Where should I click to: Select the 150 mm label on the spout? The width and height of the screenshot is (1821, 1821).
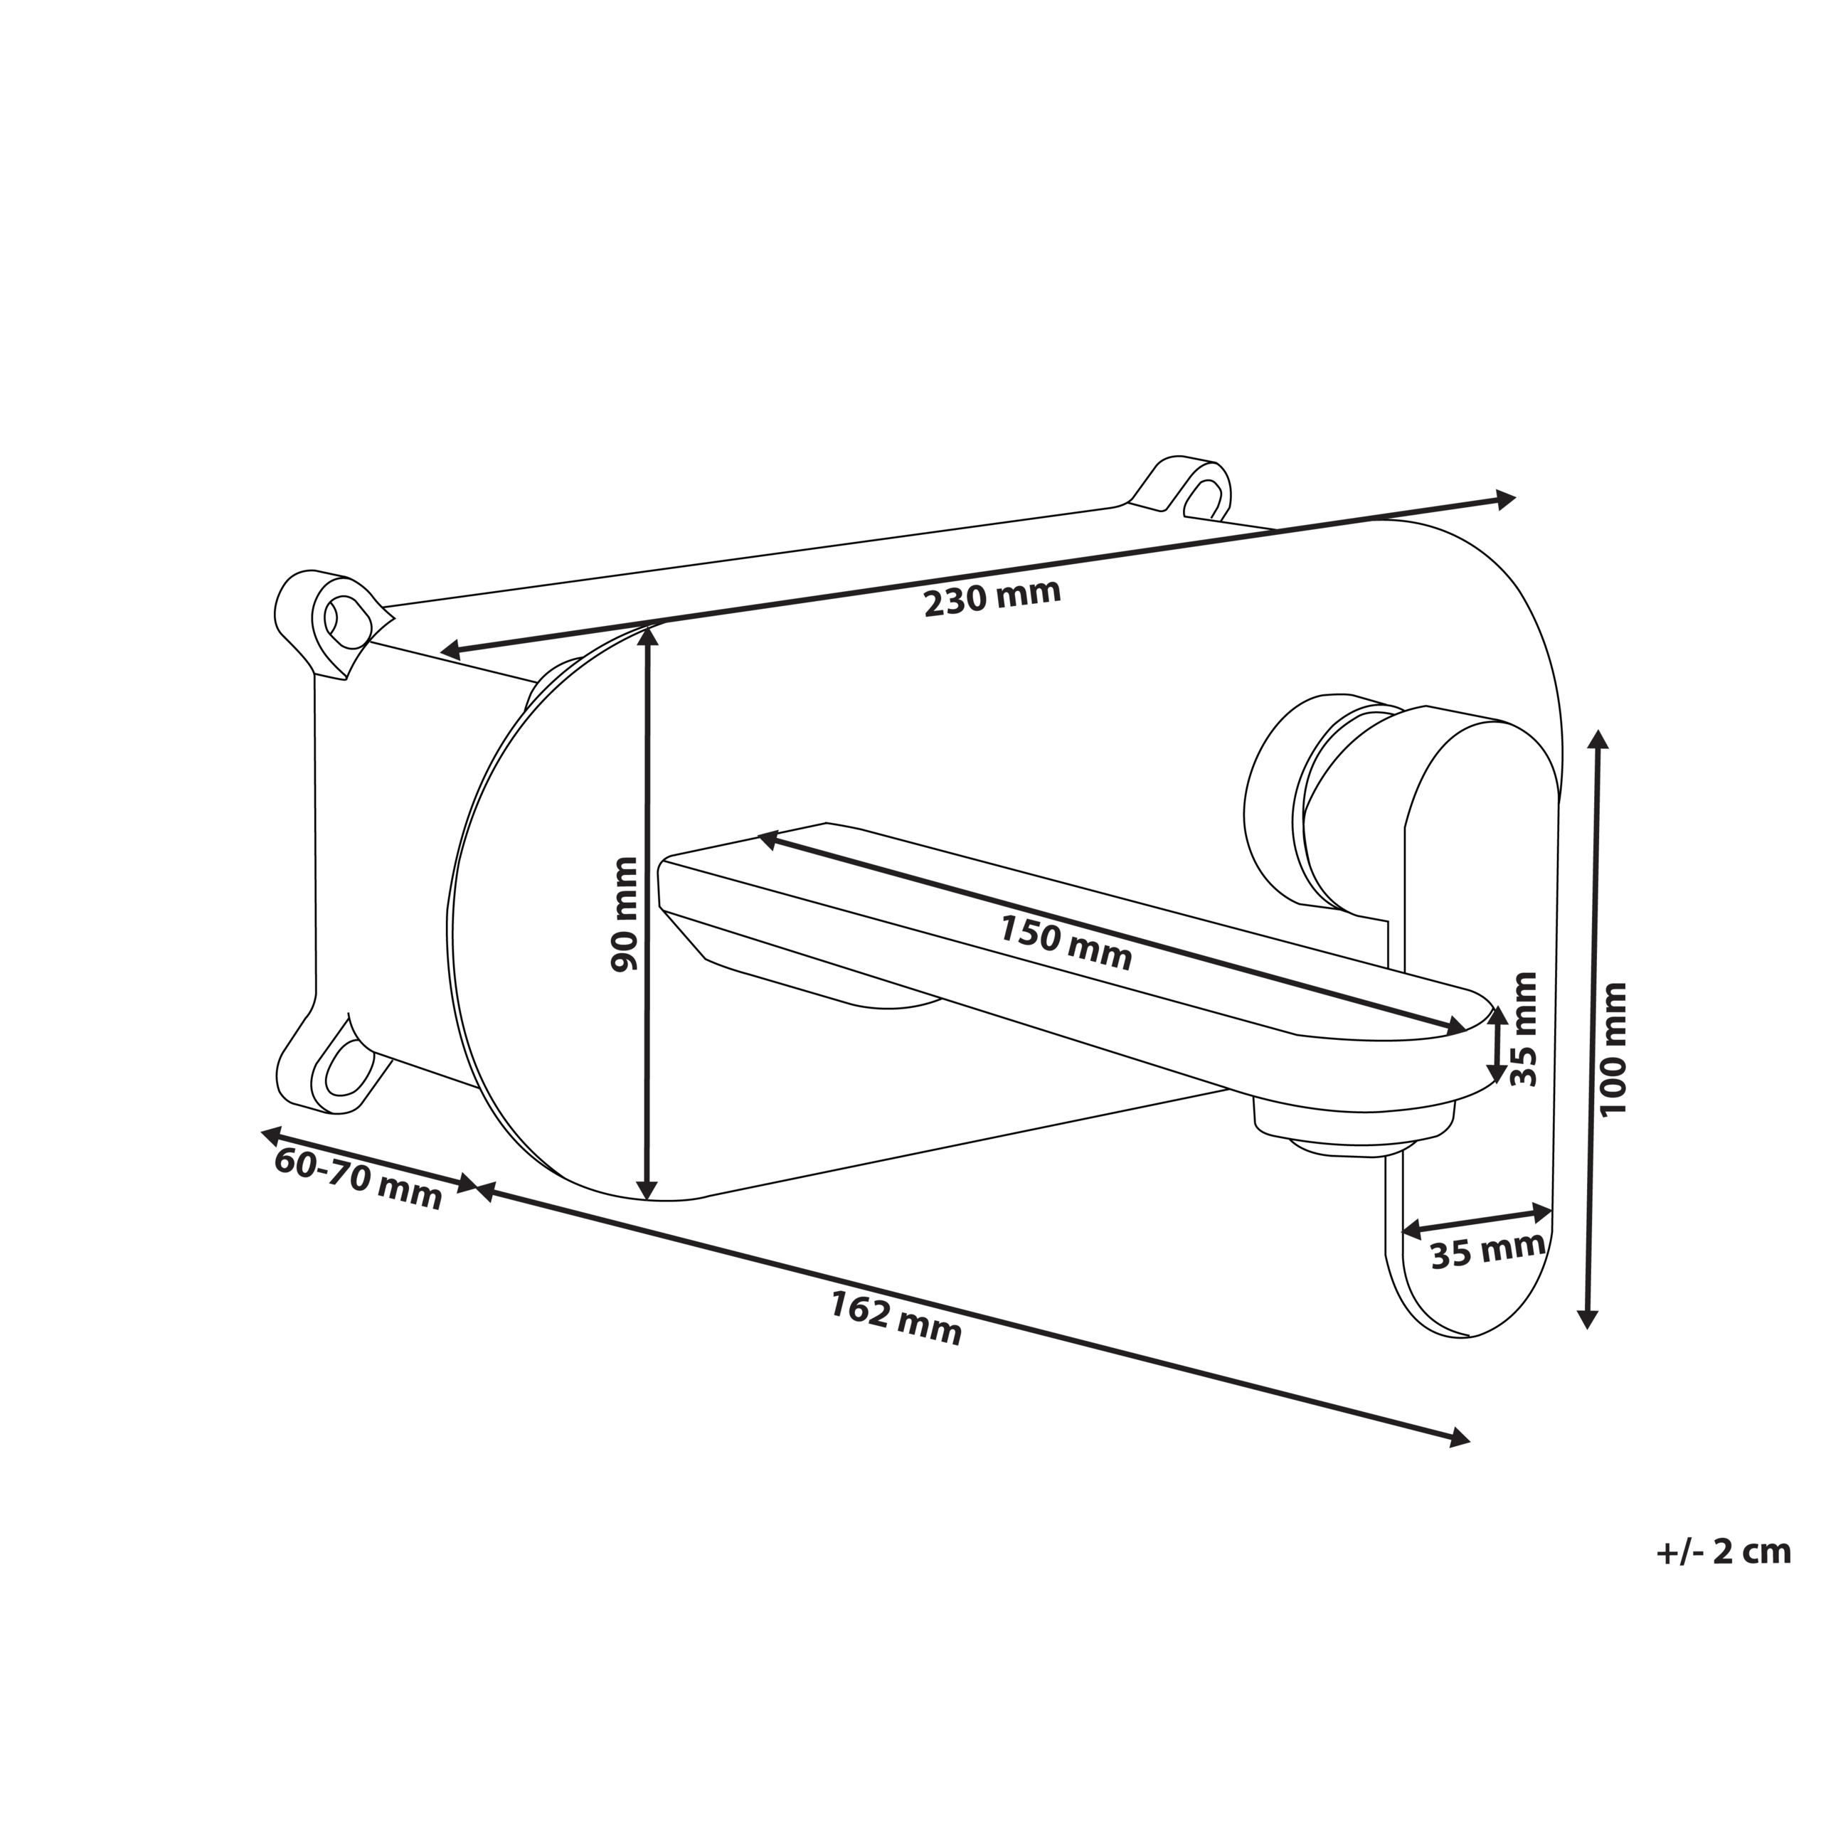(1065, 943)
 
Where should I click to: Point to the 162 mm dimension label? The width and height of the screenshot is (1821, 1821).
(896, 1317)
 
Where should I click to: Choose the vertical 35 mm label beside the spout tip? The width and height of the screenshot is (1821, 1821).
(1523, 1029)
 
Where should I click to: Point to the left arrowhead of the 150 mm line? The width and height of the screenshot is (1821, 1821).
(769, 837)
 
